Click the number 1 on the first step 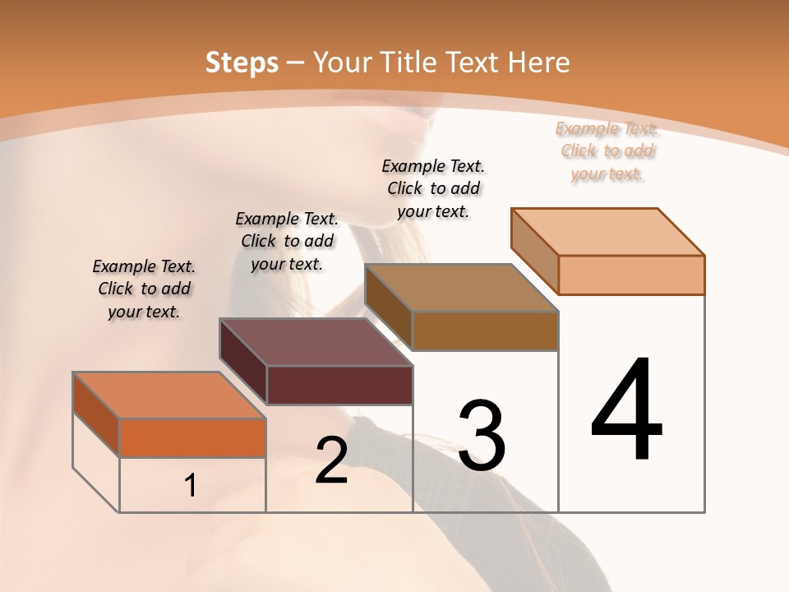(x=191, y=486)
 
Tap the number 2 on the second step (x=331, y=460)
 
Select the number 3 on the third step (x=481, y=436)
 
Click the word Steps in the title (x=242, y=62)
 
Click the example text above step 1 (x=144, y=289)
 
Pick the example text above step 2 (x=287, y=241)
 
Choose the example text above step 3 (x=433, y=188)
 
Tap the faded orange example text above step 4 (x=607, y=150)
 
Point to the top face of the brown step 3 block (x=462, y=288)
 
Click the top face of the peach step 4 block (x=608, y=231)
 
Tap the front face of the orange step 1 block (x=192, y=437)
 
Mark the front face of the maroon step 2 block (x=339, y=385)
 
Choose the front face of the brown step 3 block (x=485, y=331)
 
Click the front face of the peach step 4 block (x=631, y=275)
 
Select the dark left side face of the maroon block (x=243, y=362)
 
